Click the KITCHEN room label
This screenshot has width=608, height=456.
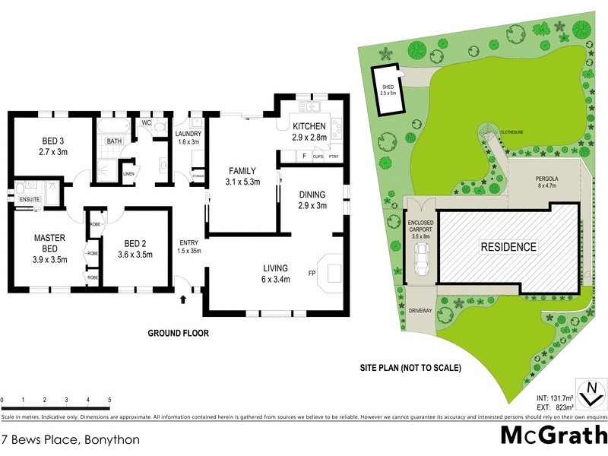(309, 126)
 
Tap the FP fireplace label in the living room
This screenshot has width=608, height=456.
(312, 272)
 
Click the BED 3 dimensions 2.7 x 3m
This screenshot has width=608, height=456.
(36, 151)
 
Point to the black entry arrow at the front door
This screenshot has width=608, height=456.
(182, 300)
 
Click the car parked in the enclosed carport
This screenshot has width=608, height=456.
(420, 261)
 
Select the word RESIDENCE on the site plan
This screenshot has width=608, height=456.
(508, 247)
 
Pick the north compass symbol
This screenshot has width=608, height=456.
(591, 394)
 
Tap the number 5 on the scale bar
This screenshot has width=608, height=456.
(109, 400)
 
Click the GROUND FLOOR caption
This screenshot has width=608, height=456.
(178, 333)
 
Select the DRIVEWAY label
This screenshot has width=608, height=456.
(420, 311)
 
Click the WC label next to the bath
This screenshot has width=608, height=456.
(147, 122)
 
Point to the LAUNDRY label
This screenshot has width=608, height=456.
(188, 134)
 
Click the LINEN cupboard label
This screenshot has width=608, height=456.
(128, 173)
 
